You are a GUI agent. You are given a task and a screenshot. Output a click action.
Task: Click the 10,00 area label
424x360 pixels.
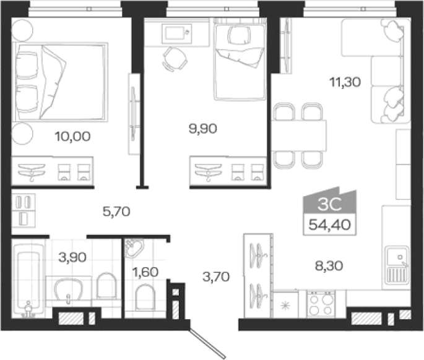tap(72, 136)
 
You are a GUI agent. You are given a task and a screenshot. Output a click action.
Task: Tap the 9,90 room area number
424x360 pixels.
tap(203, 129)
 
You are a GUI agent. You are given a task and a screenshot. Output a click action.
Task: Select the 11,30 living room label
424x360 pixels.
tap(345, 82)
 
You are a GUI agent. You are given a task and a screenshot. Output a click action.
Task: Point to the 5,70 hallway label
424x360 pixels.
tap(116, 212)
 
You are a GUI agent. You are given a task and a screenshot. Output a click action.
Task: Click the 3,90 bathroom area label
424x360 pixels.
tap(72, 257)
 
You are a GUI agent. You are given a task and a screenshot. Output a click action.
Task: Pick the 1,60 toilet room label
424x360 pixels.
tap(145, 272)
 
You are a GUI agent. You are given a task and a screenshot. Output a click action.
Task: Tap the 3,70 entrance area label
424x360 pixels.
tap(216, 276)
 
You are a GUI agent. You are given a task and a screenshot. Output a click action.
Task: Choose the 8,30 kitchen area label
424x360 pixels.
tap(329, 266)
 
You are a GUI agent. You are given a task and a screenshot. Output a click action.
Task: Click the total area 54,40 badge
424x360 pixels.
tap(330, 225)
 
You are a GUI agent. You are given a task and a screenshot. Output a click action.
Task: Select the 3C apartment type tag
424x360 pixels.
tap(330, 204)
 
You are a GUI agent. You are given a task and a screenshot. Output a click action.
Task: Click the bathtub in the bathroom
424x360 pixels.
tap(28, 280)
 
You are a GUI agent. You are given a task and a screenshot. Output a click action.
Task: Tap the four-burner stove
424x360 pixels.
tap(321, 304)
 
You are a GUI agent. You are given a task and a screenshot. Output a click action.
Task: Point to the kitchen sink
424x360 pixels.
tap(396, 267)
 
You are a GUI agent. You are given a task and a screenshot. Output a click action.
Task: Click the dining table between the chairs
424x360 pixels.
tap(298, 135)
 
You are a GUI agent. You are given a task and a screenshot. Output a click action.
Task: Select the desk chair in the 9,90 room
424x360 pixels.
tap(175, 59)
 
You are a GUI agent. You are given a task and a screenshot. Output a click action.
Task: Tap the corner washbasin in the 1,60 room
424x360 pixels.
tap(134, 248)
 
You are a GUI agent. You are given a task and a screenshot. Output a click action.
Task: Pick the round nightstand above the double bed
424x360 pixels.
tap(22, 30)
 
